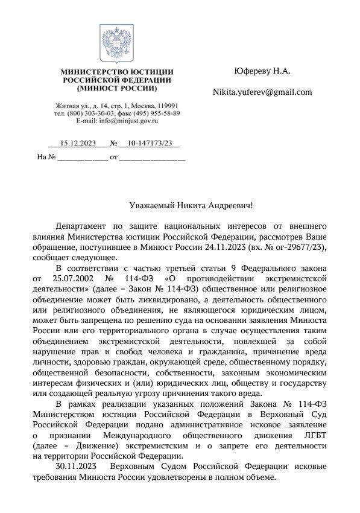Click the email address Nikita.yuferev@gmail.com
pyautogui.click(x=262, y=92)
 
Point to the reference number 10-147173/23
pyautogui.click(x=145, y=143)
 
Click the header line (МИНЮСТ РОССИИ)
pyautogui.click(x=117, y=88)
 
